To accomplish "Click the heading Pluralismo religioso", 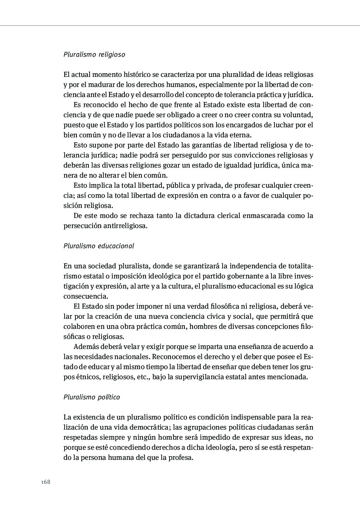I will pyautogui.click(x=94, y=54).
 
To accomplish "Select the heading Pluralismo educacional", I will pyautogui.click(x=99, y=246).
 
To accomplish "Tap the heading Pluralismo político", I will pyautogui.click(x=91, y=397).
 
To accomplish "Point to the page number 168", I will pyautogui.click(x=46, y=482).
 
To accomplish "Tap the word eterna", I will pyautogui.click(x=241, y=135).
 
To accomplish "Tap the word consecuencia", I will pyautogui.click(x=86, y=296).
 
